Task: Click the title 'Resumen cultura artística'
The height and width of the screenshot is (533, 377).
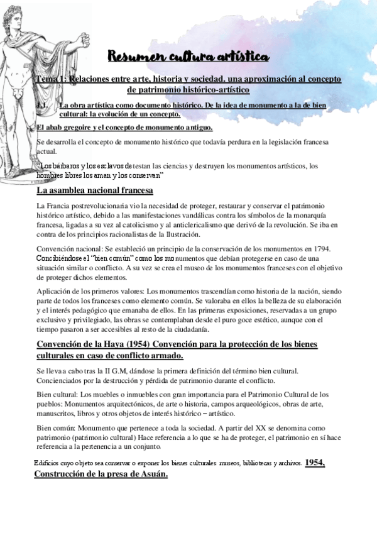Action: pos(189,58)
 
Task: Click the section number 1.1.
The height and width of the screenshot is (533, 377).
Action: pos(43,106)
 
